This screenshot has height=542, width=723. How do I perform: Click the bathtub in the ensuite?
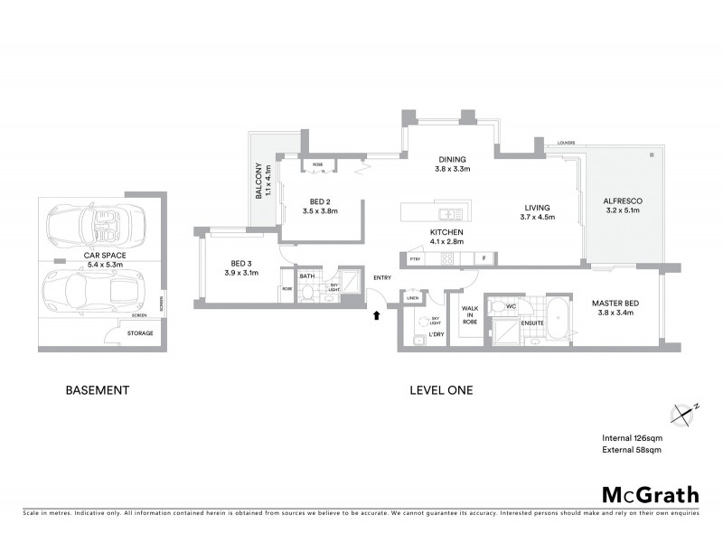556,322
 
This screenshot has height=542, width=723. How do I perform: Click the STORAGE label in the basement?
140,333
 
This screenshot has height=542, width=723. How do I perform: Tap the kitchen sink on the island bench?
449,214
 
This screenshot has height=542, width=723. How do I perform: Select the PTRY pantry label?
416,259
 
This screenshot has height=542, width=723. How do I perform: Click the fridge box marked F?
484,259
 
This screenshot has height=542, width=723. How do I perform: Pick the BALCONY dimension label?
263,181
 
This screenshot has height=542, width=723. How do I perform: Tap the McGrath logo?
651,494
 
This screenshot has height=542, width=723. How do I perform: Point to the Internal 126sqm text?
633,437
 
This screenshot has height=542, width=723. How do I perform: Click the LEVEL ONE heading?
442,390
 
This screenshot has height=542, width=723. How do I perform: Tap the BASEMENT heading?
99,390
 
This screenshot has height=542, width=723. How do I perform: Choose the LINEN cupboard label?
412,297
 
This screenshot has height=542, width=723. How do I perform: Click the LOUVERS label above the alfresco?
568,143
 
